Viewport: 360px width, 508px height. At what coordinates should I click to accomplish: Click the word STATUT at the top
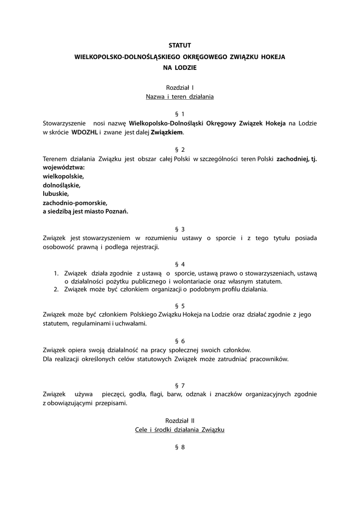[x=180, y=45]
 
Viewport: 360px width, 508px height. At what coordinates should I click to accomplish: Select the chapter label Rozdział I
[x=180, y=87]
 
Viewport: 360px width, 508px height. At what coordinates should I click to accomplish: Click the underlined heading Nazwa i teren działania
[x=180, y=97]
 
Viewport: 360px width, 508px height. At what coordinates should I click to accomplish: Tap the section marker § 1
[x=180, y=114]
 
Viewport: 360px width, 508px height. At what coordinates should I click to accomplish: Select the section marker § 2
[x=180, y=149]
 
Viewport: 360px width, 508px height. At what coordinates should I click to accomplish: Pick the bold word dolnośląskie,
[x=62, y=185]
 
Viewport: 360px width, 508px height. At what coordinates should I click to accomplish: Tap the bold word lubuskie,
[x=56, y=193]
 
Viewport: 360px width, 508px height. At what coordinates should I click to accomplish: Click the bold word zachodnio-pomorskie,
[x=75, y=202]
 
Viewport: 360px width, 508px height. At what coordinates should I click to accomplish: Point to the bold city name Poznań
[x=116, y=211]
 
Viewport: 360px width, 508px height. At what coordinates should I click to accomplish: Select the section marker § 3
[x=180, y=229]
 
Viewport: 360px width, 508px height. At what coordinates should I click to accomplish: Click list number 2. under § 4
[x=56, y=289]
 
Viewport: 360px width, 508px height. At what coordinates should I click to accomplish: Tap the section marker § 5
[x=180, y=306]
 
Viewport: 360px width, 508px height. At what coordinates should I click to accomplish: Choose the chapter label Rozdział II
[x=180, y=420]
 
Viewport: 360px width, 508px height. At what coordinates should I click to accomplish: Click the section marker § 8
[x=180, y=447]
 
